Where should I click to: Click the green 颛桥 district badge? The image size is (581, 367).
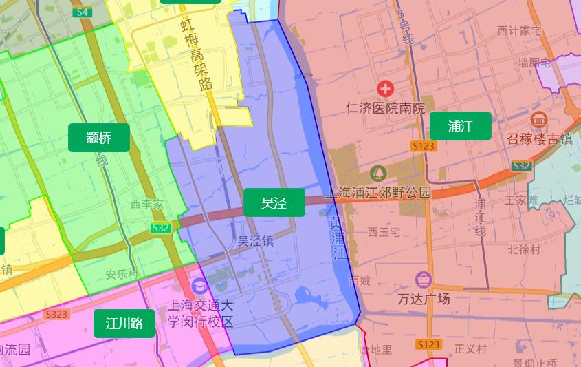pos(99,138)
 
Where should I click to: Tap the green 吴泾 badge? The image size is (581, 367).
pos(274,202)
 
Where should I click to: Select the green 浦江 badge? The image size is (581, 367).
pos(461,126)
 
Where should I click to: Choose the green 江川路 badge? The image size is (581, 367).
pos(124,324)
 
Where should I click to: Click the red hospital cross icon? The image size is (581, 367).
pos(386,88)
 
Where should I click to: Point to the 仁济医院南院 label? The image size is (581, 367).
pos(386,108)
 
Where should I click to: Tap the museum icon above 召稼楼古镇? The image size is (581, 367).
pos(538,119)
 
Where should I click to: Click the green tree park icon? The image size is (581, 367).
pos(377,172)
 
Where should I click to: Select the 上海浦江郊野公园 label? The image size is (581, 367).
pos(379,193)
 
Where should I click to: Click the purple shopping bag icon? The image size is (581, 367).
pos(424,280)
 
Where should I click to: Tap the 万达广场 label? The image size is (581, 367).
pos(424,299)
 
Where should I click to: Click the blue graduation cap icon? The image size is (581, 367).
pos(199,285)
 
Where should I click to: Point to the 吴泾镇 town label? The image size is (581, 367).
pos(256,242)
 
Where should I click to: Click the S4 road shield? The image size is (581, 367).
pos(82,12)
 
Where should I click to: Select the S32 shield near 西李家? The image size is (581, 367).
pos(160,227)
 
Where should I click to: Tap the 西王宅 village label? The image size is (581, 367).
pos(384,232)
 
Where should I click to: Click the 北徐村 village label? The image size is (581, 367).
pos(524,249)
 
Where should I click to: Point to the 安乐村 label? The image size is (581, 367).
pos(122,274)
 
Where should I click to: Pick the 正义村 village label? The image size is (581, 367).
pos(470,349)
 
